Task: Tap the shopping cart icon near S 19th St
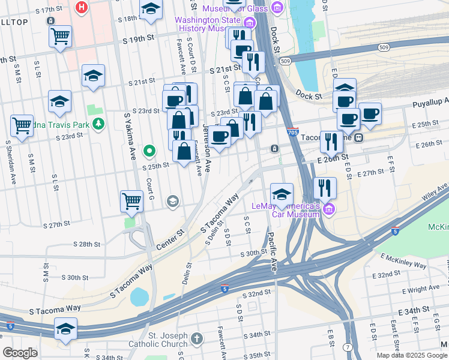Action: pos(61,37)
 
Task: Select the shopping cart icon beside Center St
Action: pos(132,202)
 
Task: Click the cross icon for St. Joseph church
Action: pos(197,340)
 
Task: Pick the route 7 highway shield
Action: pos(348,347)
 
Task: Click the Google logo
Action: pos(20,353)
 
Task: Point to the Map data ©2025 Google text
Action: pos(411,355)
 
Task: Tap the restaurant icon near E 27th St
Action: pos(325,188)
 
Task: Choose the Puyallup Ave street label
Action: pos(430,104)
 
